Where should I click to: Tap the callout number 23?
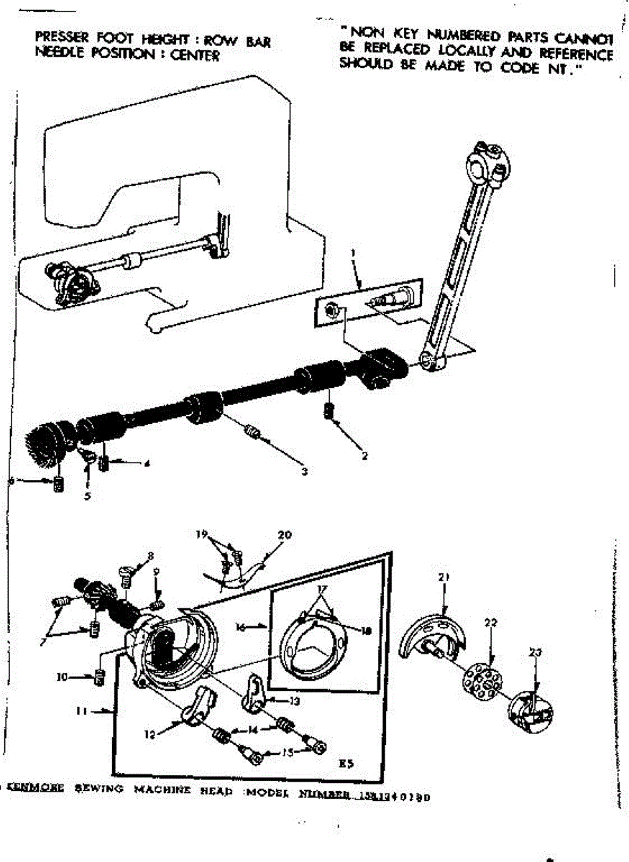536,653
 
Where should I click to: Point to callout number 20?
285,534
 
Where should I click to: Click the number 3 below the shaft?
305,471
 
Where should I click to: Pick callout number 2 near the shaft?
365,455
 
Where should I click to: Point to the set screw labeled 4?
104,463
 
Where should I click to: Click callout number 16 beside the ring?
242,626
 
